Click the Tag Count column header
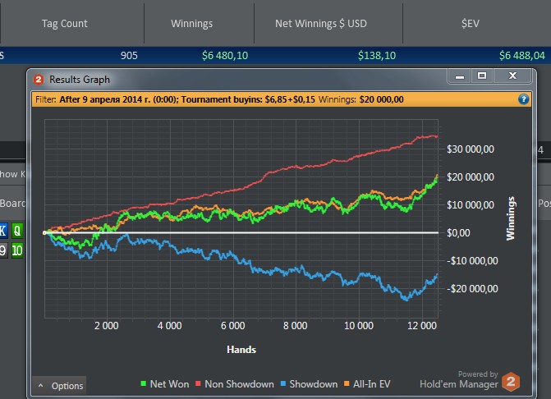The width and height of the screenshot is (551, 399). (x=65, y=24)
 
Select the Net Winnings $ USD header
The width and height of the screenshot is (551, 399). (x=320, y=24)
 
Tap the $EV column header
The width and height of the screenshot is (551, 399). (x=470, y=24)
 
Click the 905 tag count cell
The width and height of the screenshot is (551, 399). (x=128, y=56)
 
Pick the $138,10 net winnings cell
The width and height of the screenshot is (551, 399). (x=377, y=56)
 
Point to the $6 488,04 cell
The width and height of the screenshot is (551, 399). (x=521, y=56)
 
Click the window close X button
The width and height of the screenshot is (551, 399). (x=512, y=76)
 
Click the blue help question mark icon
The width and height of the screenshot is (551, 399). (x=523, y=99)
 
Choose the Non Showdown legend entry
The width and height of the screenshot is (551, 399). (x=236, y=383)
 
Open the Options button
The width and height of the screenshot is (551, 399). (x=60, y=385)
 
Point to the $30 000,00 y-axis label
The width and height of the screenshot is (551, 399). (x=470, y=149)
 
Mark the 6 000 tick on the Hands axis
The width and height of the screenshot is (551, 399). (x=232, y=326)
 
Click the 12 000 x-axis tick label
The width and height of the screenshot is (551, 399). (x=421, y=326)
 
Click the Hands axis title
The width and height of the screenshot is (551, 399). (x=241, y=349)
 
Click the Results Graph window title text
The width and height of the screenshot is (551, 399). (x=80, y=80)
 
